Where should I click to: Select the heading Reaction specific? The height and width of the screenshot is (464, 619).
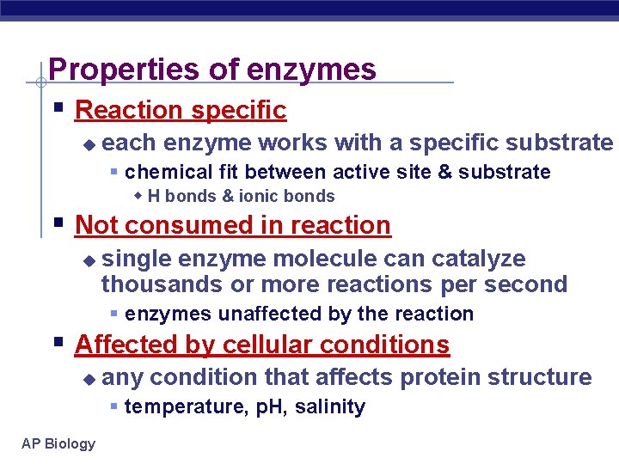point(181,110)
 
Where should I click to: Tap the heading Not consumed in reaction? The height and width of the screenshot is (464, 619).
point(233,225)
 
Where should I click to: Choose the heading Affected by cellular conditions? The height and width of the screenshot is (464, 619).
point(262,345)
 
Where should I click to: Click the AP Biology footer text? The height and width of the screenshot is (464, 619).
point(59,443)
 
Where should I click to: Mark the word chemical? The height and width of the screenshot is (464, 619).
point(163,172)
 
